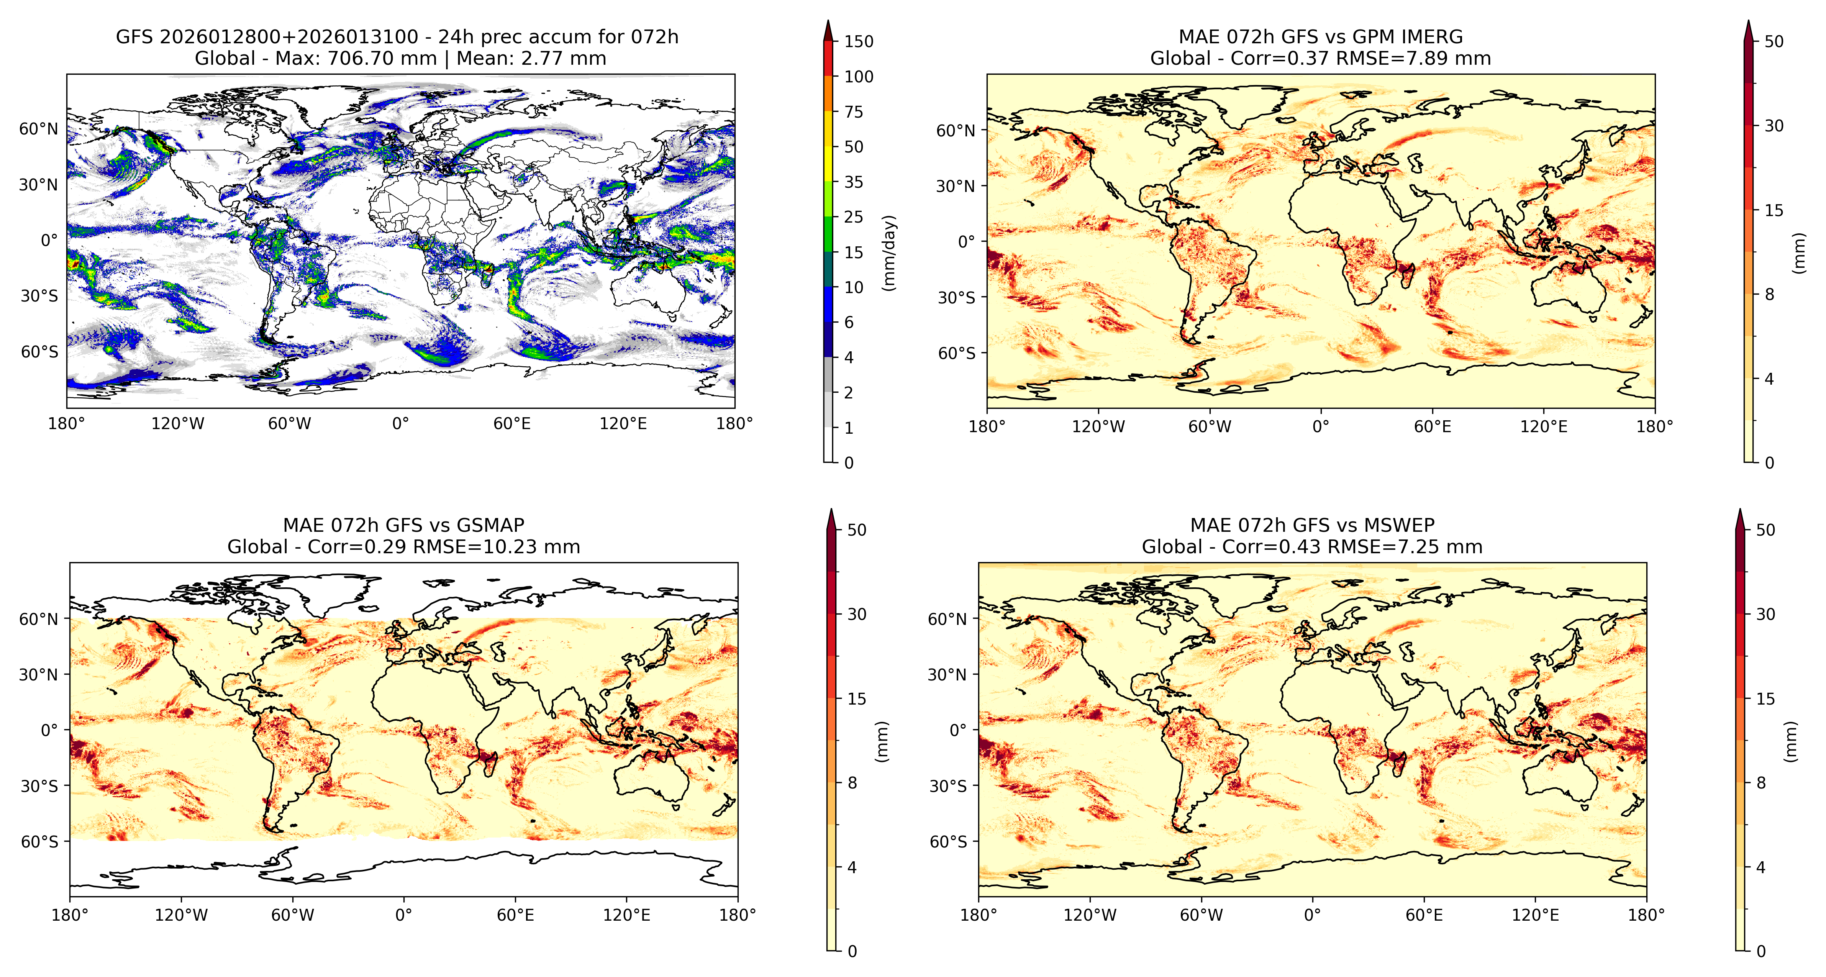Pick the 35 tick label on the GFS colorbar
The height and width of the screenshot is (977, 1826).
[854, 182]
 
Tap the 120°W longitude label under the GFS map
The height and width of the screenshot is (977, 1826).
[177, 424]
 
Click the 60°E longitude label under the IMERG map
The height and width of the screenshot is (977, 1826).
[1433, 427]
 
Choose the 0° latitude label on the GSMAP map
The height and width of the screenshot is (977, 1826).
[49, 729]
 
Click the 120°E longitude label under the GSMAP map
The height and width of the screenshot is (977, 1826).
[627, 915]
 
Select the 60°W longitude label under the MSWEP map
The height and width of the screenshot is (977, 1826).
[1201, 915]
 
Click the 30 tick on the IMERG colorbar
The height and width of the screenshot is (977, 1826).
[1774, 126]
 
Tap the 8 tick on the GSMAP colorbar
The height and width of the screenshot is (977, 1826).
[852, 783]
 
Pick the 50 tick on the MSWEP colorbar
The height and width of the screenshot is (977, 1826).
[1765, 529]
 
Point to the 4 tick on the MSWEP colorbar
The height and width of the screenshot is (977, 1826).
[1760, 867]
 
